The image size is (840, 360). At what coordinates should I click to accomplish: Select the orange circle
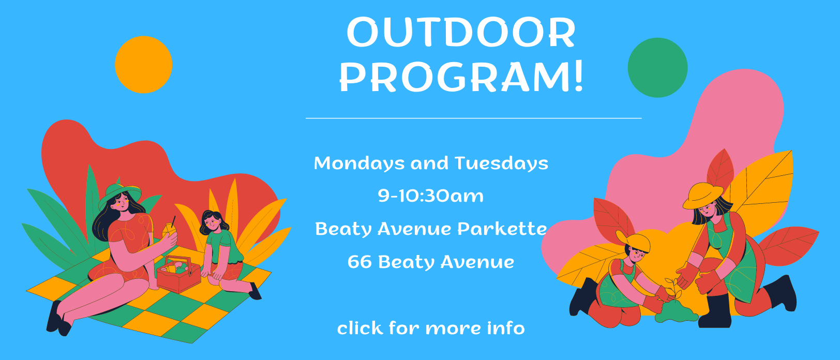click(x=143, y=65)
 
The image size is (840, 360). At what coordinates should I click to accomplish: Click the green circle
click(x=657, y=67)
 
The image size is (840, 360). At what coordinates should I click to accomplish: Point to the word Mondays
click(x=358, y=163)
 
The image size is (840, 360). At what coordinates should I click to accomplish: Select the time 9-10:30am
click(x=431, y=196)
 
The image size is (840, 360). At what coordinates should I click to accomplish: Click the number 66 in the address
click(x=359, y=262)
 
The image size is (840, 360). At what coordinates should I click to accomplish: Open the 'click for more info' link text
click(x=431, y=328)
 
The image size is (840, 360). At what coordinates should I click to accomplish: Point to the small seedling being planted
click(x=672, y=290)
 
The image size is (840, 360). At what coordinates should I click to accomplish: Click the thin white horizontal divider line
click(x=473, y=118)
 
